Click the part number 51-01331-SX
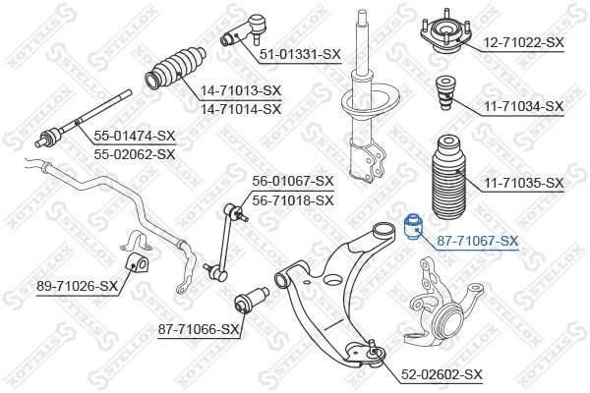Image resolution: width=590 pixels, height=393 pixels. [300, 55]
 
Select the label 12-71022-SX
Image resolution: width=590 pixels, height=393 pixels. [523, 42]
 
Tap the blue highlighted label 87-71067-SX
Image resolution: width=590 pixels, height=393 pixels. [478, 241]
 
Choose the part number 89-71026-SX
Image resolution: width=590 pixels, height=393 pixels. [77, 287]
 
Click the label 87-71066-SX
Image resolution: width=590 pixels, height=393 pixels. [199, 330]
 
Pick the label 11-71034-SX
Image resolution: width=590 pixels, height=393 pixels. [523, 107]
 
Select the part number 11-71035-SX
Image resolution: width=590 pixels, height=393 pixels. [523, 184]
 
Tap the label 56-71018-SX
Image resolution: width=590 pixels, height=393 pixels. [293, 200]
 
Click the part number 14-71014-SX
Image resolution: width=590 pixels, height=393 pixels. [241, 109]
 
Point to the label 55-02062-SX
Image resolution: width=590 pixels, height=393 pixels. [135, 154]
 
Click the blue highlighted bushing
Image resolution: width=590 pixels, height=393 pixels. [413, 226]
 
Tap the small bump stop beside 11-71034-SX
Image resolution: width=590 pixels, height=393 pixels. [444, 93]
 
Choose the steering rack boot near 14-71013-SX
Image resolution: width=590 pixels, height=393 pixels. [175, 69]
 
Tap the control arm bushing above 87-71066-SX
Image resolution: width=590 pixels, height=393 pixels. [252, 300]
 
